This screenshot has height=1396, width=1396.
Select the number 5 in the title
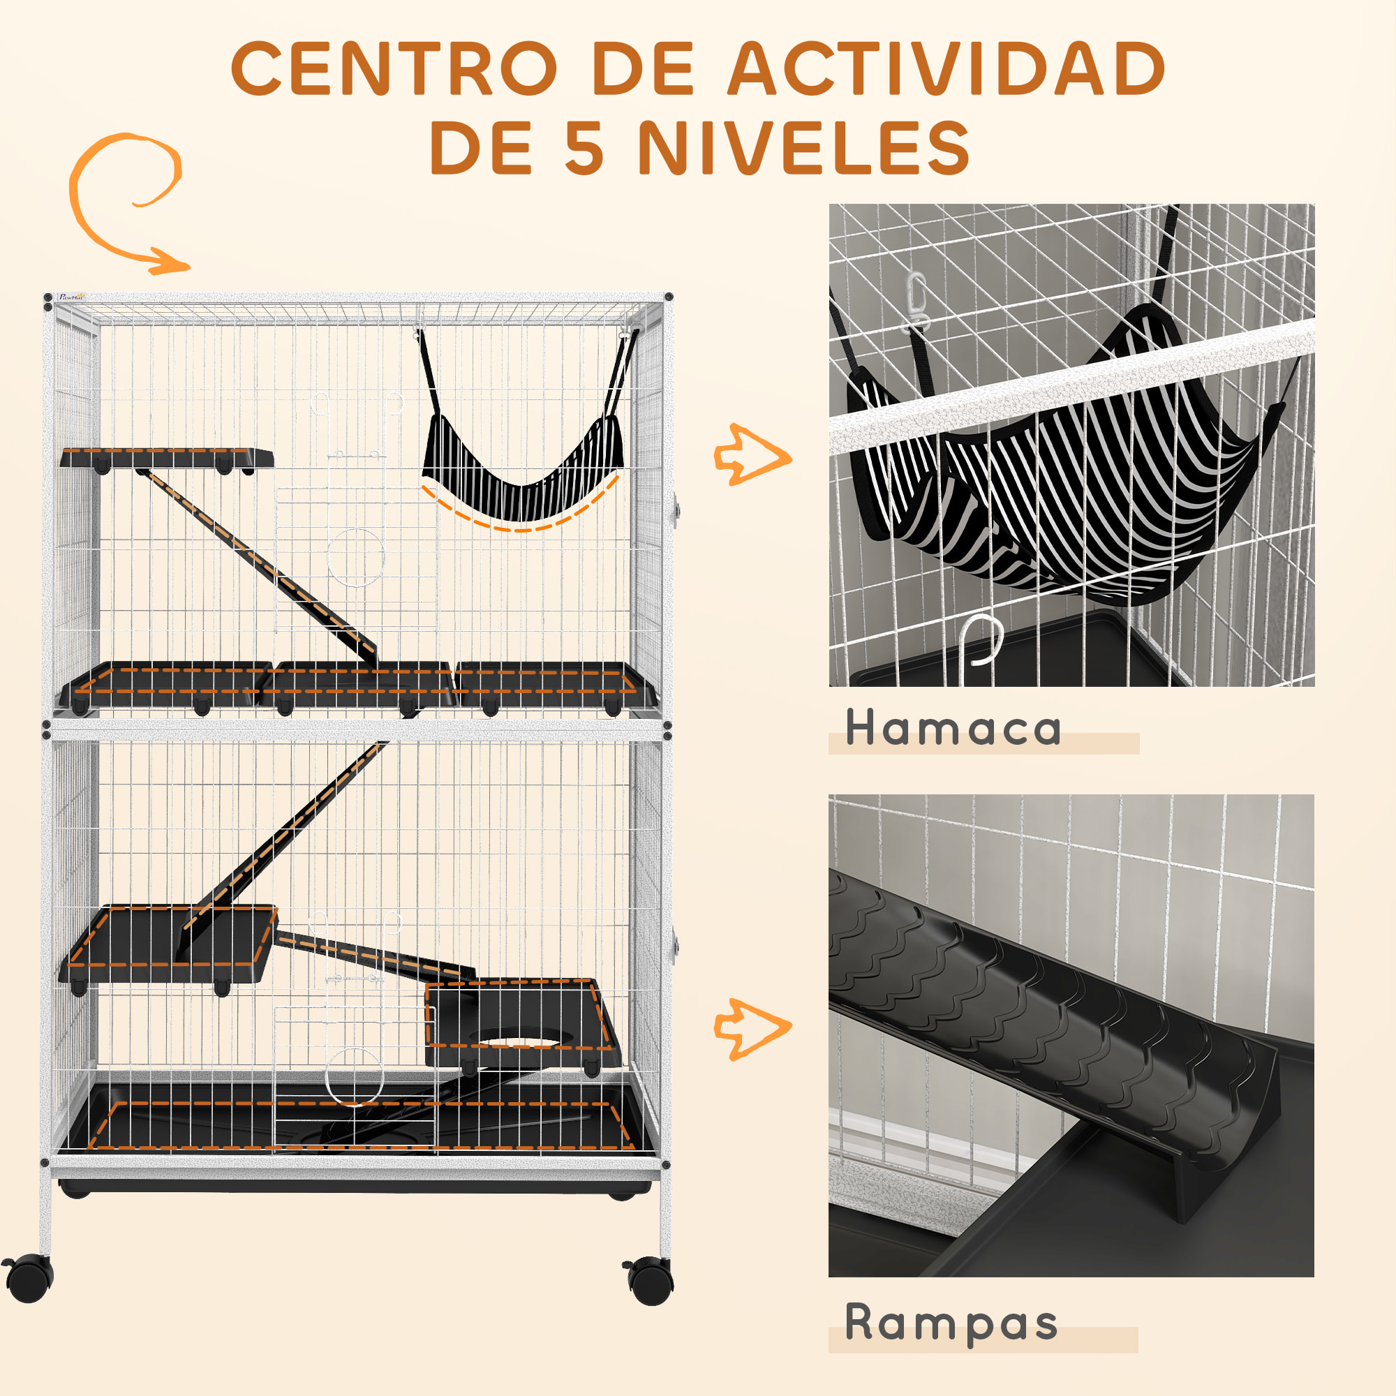[x=584, y=147]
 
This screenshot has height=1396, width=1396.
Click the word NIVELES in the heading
[x=803, y=147]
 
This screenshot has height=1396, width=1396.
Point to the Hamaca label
[x=952, y=727]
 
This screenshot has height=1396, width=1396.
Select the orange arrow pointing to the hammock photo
[x=752, y=455]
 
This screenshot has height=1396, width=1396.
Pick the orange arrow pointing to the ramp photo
[x=752, y=1029]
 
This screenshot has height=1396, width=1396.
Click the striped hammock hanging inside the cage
[x=521, y=470]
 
